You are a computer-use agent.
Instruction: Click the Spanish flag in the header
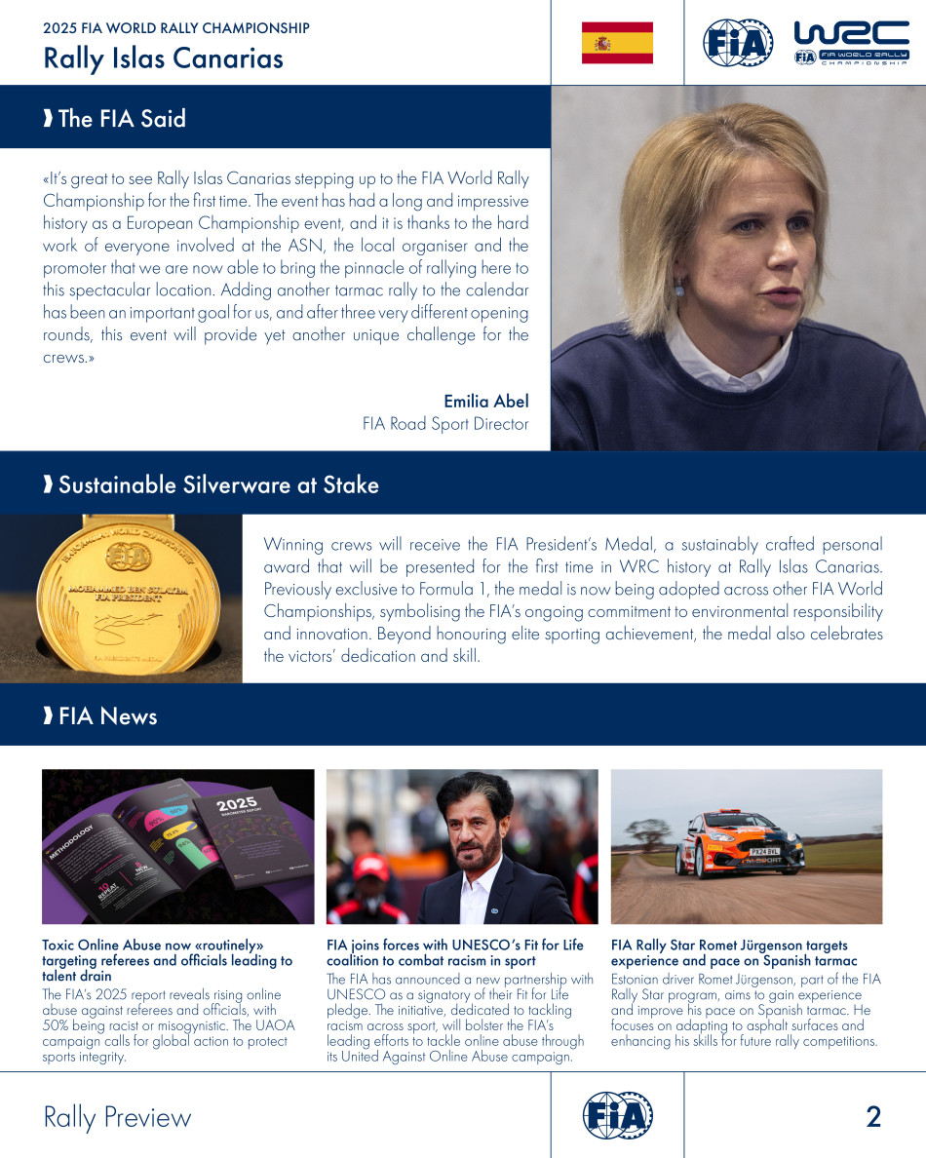pos(617,43)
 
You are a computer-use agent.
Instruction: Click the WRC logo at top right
pos(851,44)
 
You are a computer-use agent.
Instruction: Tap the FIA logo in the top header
pos(738,43)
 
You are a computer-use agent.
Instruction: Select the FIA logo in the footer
pos(617,1115)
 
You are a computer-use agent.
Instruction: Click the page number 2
pos(872,1117)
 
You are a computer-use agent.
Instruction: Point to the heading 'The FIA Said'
pos(122,119)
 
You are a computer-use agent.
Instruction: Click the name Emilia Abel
pos(485,402)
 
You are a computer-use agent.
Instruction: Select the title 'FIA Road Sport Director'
pos(444,424)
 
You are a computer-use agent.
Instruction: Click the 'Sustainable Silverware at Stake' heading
pos(218,484)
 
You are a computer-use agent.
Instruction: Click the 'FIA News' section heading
pos(107,716)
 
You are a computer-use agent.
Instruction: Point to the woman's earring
pos(678,288)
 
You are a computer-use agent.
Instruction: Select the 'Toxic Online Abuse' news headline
pos(167,960)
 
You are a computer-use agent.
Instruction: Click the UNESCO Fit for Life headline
pos(454,952)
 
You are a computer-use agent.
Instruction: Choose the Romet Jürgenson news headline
pos(729,952)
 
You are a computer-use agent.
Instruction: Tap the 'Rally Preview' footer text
pos(117,1117)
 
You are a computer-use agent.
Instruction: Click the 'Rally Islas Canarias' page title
pos(163,58)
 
